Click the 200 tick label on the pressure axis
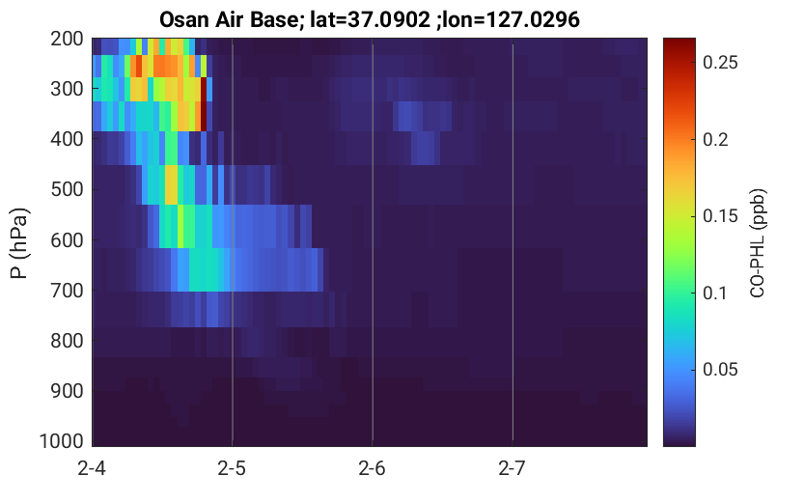click(x=67, y=39)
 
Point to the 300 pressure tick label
click(x=67, y=89)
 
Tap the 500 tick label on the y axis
click(x=67, y=189)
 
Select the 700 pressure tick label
click(x=67, y=291)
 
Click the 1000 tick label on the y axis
click(x=62, y=441)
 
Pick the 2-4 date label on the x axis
click(x=92, y=468)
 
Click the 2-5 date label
click(x=232, y=468)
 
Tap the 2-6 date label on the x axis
click(x=372, y=468)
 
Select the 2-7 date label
click(x=512, y=468)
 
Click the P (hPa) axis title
click(x=19, y=243)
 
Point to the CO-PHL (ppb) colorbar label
click(x=758, y=243)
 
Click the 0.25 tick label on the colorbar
click(x=720, y=63)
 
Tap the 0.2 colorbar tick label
click(x=716, y=139)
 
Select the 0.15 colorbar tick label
click(x=720, y=216)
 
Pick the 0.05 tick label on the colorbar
click(x=720, y=369)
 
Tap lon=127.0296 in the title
click(x=512, y=20)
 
